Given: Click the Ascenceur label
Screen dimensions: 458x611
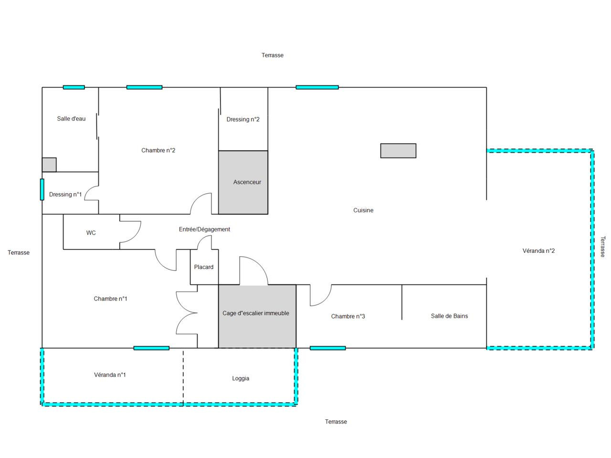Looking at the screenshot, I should click(247, 182).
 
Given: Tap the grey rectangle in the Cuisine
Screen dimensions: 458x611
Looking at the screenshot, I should click(398, 151).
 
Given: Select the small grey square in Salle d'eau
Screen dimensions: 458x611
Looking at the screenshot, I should click(49, 165).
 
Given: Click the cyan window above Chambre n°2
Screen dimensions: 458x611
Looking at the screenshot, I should click(144, 87).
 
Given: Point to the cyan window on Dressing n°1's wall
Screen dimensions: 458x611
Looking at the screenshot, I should click(42, 189).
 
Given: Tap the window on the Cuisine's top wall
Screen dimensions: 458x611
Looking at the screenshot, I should click(317, 87).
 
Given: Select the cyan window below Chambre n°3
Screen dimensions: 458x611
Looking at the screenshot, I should click(327, 348).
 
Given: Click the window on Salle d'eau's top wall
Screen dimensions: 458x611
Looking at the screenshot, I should click(74, 87).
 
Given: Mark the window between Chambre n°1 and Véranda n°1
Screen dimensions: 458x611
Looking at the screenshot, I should click(151, 348).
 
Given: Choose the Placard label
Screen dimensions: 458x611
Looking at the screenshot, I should click(204, 267).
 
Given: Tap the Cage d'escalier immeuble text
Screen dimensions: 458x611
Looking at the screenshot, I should click(256, 313).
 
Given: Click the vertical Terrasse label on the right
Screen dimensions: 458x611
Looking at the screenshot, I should click(602, 247).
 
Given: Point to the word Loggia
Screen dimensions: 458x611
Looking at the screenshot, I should click(241, 378).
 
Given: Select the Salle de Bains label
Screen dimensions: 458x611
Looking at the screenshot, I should click(449, 316).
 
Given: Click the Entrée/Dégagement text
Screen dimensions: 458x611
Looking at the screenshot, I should click(204, 229).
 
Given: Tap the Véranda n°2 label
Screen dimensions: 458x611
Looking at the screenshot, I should click(538, 251).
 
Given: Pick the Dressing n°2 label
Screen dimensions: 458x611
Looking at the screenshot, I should click(243, 119).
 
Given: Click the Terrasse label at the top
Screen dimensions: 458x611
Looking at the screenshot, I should click(273, 55).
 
